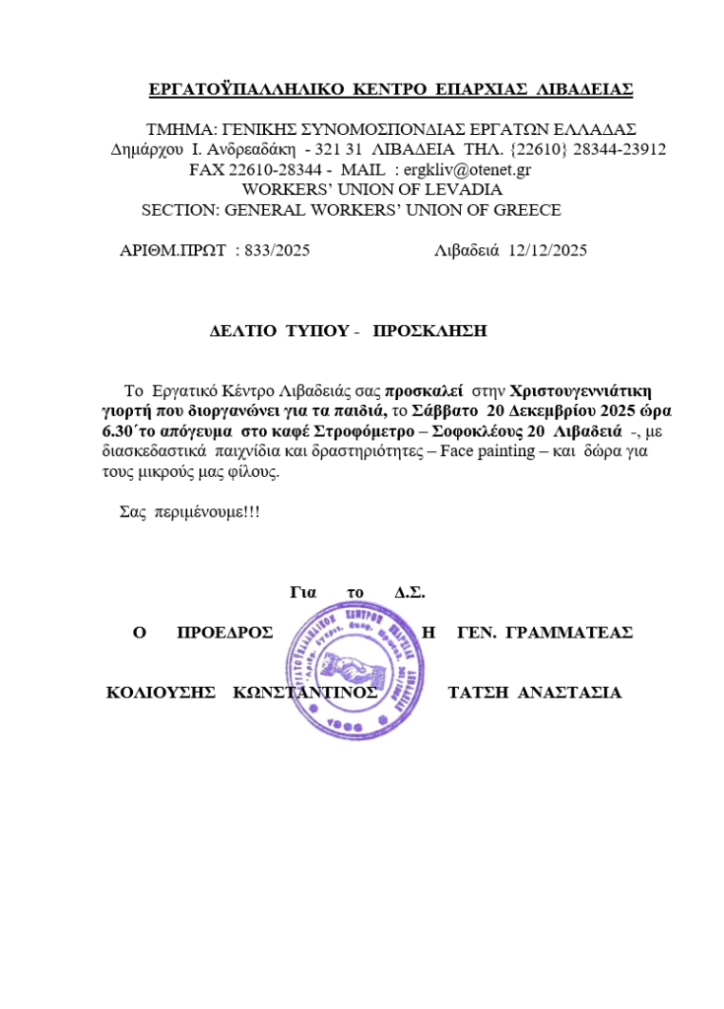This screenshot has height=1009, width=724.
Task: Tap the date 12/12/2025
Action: pos(548,250)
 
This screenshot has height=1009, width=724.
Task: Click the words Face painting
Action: pos(488,450)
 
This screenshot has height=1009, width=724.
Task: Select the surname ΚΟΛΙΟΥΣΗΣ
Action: pos(161,692)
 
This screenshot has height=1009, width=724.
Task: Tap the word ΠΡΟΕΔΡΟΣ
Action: pos(225,633)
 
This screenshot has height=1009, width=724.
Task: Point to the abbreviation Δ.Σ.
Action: pos(409,592)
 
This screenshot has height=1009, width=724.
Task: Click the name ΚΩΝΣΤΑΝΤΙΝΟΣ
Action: pos(305,692)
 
